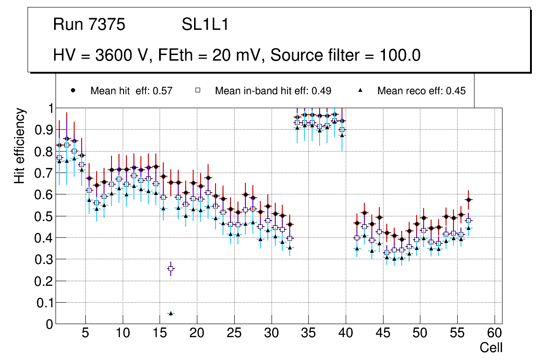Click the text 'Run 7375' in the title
89,25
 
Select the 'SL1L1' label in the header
205,25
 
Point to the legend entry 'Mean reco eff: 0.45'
421,91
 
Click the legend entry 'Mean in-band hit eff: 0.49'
273,91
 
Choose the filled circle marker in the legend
72,90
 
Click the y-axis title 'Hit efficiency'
20,145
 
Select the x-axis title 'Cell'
491,347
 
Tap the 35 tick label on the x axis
308,333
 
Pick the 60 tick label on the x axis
495,333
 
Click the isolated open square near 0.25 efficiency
171,269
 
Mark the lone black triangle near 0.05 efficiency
171,313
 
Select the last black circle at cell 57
469,200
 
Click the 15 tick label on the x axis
160,333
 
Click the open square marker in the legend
197,90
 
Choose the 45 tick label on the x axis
383,333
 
